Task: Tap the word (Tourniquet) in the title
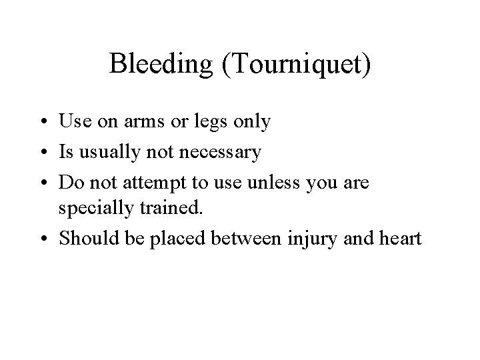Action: click(291, 65)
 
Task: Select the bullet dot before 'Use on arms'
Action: click(48, 123)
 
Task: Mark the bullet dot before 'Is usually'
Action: click(48, 152)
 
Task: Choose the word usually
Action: click(108, 153)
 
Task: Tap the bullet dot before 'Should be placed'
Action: click(48, 239)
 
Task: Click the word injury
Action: click(311, 239)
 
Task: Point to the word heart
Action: click(400, 238)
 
